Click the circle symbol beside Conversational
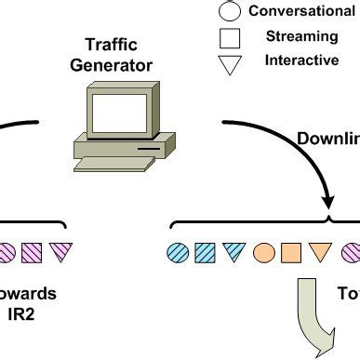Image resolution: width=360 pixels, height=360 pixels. [230, 11]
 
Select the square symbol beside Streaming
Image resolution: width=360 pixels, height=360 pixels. [230, 37]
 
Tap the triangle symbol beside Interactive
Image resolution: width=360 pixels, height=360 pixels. [230, 64]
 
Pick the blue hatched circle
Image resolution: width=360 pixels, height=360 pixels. [177, 251]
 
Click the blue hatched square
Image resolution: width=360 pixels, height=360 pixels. [206, 251]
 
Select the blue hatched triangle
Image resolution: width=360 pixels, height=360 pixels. [234, 252]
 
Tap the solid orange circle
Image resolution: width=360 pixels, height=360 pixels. [264, 251]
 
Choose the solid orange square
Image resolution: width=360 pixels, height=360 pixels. [292, 251]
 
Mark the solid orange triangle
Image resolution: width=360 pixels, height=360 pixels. [321, 252]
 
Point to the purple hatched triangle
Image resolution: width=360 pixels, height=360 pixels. [61, 252]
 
